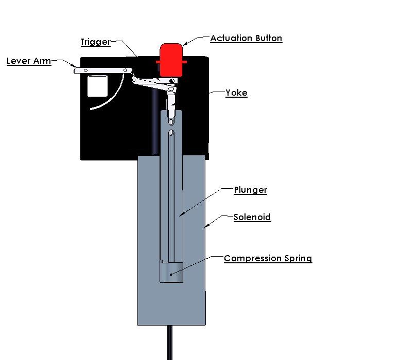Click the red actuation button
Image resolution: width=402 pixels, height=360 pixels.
tap(171, 60)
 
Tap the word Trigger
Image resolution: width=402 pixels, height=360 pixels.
tap(96, 42)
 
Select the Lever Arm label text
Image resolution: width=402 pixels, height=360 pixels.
tap(29, 61)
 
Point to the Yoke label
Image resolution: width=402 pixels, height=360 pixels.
tap(236, 93)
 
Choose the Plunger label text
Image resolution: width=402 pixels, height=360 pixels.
tap(251, 190)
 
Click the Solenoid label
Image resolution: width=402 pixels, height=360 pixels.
tap(252, 217)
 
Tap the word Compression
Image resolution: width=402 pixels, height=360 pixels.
tap(253, 259)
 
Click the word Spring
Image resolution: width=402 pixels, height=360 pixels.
tap(298, 259)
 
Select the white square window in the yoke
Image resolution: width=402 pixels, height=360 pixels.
tap(97, 86)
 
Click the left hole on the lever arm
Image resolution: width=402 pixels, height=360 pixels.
tap(85, 70)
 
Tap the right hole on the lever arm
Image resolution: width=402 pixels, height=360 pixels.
tap(125, 70)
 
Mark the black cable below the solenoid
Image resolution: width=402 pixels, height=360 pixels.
tap(170, 343)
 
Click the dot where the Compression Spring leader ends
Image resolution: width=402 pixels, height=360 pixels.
tap(171, 275)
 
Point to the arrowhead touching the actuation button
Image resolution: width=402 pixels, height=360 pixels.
tap(185, 44)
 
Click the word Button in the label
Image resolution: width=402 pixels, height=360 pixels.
tap(269, 38)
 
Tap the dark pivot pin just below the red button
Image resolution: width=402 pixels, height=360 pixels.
tap(172, 81)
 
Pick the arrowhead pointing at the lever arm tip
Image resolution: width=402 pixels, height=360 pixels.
tap(74, 66)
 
